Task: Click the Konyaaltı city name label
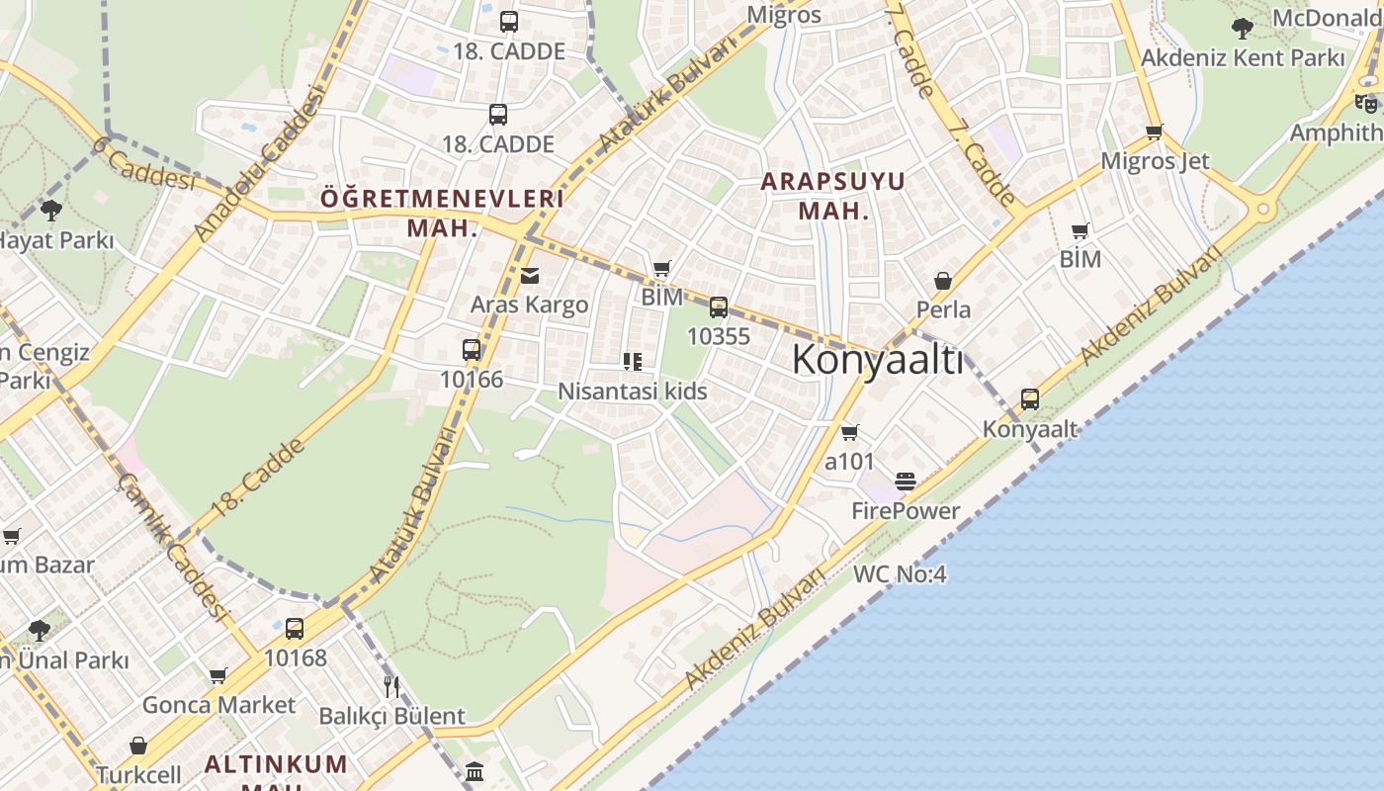click(877, 360)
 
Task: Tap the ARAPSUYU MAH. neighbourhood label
click(833, 196)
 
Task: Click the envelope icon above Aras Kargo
click(530, 276)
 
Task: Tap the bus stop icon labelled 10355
click(719, 308)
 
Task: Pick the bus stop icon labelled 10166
click(472, 350)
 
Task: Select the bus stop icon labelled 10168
click(295, 629)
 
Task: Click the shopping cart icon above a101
click(849, 433)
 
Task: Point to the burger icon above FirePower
click(906, 482)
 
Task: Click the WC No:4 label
click(900, 573)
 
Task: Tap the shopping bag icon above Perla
click(943, 281)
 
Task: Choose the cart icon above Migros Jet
click(1154, 132)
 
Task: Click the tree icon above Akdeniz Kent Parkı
click(1243, 28)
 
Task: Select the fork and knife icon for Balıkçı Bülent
click(392, 686)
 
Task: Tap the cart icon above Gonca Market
click(217, 676)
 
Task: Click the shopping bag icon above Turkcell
click(138, 746)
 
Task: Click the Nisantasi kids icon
click(633, 362)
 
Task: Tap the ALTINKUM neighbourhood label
click(276, 763)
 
